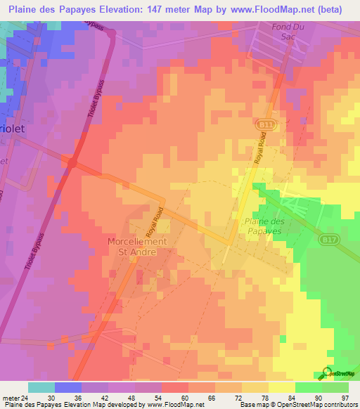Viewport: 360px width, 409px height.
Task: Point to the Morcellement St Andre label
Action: [x=137, y=245]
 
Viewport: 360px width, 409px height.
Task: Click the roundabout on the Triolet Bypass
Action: [x=72, y=162]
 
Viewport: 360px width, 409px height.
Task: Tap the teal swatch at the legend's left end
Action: [x=41, y=387]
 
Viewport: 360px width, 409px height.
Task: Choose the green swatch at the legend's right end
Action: [x=335, y=387]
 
